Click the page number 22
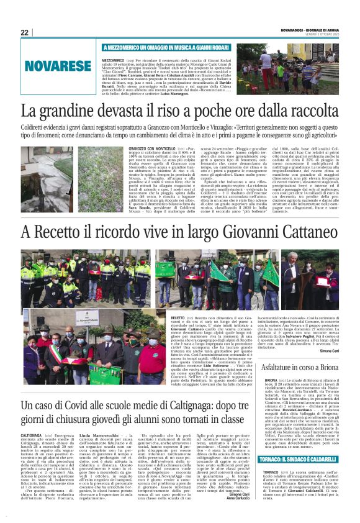click(24, 32)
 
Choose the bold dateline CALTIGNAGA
click(32, 445)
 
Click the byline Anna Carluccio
click(230, 515)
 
